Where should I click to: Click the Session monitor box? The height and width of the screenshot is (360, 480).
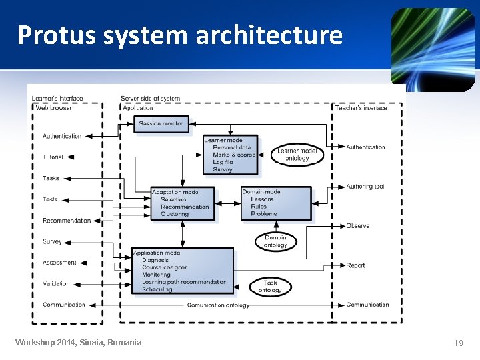click(x=162, y=123)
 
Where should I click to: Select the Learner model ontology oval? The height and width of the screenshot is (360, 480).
click(x=297, y=155)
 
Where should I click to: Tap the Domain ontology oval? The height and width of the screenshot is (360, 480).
click(x=275, y=241)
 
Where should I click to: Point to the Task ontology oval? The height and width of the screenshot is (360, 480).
click(x=270, y=286)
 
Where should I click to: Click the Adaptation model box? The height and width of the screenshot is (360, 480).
click(x=184, y=203)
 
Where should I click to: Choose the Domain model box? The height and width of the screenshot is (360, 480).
click(x=276, y=203)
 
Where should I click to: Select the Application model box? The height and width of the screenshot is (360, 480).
click(x=183, y=271)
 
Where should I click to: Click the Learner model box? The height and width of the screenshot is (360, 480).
click(x=230, y=155)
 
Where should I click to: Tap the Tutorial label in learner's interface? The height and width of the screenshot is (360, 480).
click(x=53, y=157)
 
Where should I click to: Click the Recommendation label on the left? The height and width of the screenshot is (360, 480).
click(x=67, y=221)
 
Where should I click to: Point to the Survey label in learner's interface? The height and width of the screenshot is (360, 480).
click(x=52, y=242)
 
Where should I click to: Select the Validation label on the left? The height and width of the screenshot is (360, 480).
click(x=56, y=283)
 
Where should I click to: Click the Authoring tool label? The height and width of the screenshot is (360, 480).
click(x=365, y=187)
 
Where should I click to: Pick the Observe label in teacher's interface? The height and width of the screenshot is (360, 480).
click(x=357, y=226)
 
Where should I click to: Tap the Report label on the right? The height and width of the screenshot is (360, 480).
click(x=355, y=265)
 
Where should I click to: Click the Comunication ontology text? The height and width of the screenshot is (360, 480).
click(x=218, y=305)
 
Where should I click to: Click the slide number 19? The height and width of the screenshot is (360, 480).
click(x=458, y=343)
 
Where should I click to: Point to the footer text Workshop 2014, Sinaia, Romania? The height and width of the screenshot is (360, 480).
click(x=79, y=343)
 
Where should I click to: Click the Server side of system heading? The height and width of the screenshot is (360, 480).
click(x=150, y=99)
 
